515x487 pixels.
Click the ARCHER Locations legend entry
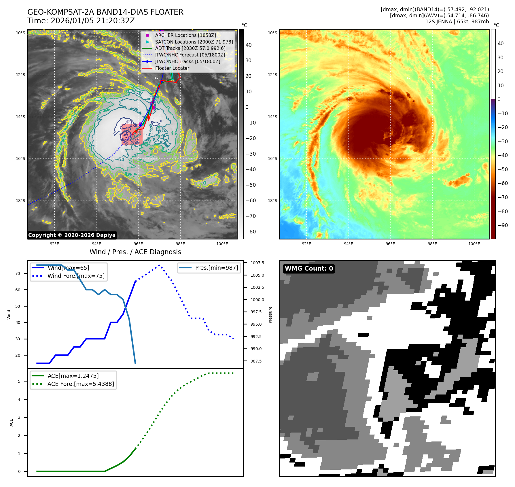[x=185, y=35]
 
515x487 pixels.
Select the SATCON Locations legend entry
[x=194, y=42]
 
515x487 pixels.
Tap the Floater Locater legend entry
[x=172, y=68]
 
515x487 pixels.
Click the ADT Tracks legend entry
[x=190, y=48]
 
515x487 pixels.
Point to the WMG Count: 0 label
[x=309, y=269]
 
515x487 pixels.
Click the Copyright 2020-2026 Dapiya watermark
[x=72, y=235]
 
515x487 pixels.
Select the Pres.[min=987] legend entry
[x=216, y=268]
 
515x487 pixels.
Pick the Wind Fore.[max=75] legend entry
[x=76, y=276]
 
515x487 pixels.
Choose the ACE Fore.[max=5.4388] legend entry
[x=81, y=384]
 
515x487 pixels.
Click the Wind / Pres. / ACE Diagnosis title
[x=135, y=252]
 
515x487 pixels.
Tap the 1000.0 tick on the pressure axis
[x=257, y=300]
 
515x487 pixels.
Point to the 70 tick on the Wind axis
[x=18, y=273]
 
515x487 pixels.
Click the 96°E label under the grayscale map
[x=138, y=244]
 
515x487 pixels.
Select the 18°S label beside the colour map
[x=272, y=201]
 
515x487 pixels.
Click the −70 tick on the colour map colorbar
[x=503, y=197]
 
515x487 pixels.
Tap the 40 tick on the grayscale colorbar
[x=248, y=45]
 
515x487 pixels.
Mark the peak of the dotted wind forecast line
[x=159, y=265]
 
